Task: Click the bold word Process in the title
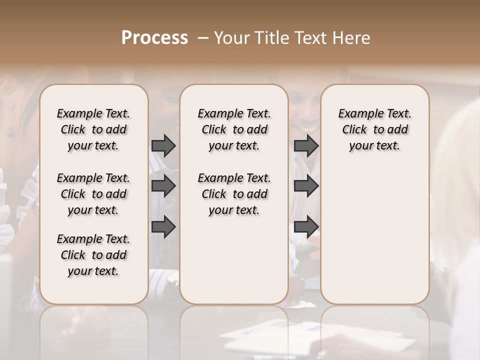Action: click(154, 38)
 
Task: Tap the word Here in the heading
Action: click(352, 38)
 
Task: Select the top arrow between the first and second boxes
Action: click(163, 145)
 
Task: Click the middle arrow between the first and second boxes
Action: click(163, 186)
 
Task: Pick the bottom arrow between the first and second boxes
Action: click(163, 227)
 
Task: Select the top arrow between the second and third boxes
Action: click(306, 145)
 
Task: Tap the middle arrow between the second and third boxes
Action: click(306, 186)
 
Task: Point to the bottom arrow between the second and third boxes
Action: click(306, 227)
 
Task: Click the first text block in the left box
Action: click(93, 129)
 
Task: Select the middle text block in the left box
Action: click(93, 194)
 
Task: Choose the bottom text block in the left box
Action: click(93, 255)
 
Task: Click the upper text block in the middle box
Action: click(234, 129)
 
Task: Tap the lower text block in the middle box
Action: click(234, 194)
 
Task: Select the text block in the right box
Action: click(374, 129)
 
